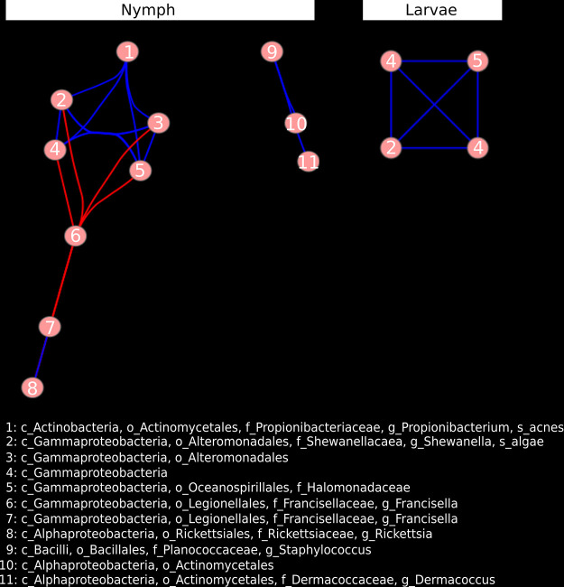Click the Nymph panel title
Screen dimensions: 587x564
coord(148,10)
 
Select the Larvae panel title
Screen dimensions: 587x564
coord(431,10)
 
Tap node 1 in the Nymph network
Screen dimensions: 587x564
coord(129,51)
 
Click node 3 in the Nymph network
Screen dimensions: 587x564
coord(158,123)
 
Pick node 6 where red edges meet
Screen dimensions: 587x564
coord(76,236)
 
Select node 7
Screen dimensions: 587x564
coord(51,327)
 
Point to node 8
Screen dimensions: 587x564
coord(32,387)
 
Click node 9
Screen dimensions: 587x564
coord(273,51)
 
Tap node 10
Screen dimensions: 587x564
coord(296,124)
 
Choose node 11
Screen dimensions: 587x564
coord(309,163)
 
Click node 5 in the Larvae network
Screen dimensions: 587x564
coord(477,61)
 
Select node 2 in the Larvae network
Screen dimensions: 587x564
coord(391,147)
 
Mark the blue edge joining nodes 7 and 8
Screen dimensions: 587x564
coord(42,358)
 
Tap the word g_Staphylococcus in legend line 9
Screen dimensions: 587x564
coord(314,549)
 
